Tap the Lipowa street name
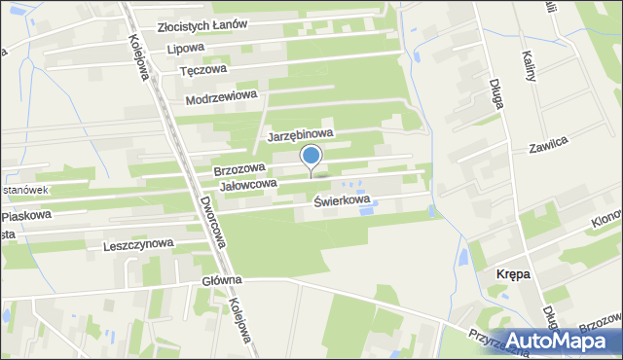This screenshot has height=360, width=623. (x=186, y=47)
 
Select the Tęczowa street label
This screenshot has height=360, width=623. (x=203, y=70)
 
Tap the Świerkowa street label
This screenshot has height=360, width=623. (x=343, y=200)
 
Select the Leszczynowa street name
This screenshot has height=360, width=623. (x=137, y=245)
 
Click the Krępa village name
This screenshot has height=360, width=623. (x=513, y=275)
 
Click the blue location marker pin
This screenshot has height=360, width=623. (x=311, y=156)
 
